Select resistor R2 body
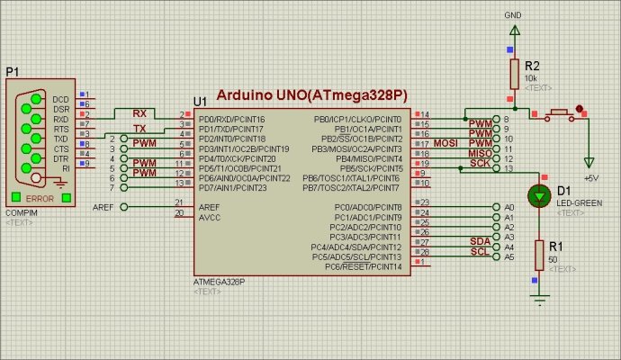(x=514, y=72)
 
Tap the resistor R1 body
(x=540, y=254)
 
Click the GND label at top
(x=514, y=15)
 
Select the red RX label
(x=139, y=113)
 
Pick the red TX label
(x=139, y=128)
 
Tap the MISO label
(x=480, y=153)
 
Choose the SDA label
(x=480, y=240)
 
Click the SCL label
(x=480, y=250)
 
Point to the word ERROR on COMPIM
(x=40, y=197)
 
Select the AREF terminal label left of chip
(x=103, y=207)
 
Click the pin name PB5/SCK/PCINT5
(x=365, y=168)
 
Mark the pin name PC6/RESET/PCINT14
(x=362, y=266)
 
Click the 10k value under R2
(x=529, y=78)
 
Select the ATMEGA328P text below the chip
(x=219, y=282)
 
